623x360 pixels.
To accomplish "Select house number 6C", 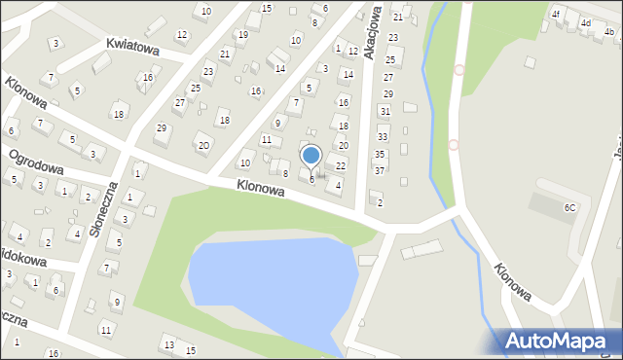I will click(x=569, y=207).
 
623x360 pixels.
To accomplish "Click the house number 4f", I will click(x=557, y=14).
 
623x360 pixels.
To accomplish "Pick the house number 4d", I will click(x=585, y=22).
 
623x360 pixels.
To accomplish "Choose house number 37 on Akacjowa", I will click(x=379, y=170).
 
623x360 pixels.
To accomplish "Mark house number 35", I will click(x=380, y=154).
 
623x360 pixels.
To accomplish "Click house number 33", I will click(x=382, y=137).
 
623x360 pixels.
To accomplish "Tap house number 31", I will click(x=385, y=112).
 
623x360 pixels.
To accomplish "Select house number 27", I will click(x=179, y=102).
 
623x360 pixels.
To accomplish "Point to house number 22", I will click(x=341, y=166).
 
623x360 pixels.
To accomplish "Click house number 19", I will click(x=242, y=34).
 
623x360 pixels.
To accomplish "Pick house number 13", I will click(x=168, y=345).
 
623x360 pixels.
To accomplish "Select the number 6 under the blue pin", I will click(x=311, y=179).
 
